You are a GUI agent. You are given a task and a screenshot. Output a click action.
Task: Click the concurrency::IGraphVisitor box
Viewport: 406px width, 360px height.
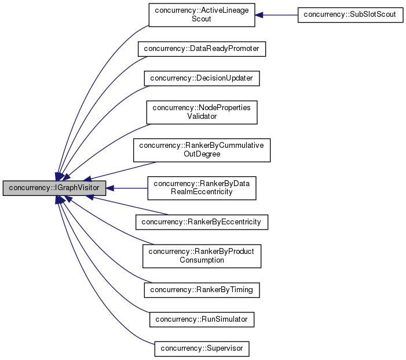54,188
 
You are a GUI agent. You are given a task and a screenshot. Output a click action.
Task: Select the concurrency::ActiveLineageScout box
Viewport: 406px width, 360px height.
202,15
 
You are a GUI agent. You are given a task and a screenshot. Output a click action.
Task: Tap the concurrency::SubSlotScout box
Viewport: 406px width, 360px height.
350,15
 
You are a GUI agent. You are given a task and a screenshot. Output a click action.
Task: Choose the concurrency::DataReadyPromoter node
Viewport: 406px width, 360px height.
202,49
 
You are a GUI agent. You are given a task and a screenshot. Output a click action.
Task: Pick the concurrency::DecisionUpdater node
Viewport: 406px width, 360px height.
202,78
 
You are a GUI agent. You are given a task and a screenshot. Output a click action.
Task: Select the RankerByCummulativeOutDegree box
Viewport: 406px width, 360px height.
202,150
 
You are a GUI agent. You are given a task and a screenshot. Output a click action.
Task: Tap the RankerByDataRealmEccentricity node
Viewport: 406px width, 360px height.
202,188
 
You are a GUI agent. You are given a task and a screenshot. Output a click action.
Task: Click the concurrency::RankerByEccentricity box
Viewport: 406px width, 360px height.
202,222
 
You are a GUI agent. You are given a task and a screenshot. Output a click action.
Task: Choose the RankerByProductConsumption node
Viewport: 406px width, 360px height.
202,256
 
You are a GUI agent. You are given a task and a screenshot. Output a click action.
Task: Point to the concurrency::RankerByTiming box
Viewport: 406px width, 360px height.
202,289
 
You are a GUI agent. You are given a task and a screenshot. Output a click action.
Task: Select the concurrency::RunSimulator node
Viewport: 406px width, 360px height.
202,319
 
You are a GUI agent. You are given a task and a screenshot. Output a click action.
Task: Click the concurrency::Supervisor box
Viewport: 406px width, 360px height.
202,349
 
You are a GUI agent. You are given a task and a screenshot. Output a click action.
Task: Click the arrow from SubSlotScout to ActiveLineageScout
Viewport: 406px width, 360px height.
278,15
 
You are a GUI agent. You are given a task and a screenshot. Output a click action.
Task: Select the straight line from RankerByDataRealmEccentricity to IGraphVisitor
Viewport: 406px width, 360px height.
130,188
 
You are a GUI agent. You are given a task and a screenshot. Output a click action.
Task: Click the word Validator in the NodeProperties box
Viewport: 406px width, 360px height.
202,117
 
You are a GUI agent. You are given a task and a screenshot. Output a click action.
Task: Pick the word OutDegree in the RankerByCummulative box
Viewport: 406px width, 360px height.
202,154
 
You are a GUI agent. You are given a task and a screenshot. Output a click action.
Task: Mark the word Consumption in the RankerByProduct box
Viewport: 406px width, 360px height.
202,260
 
